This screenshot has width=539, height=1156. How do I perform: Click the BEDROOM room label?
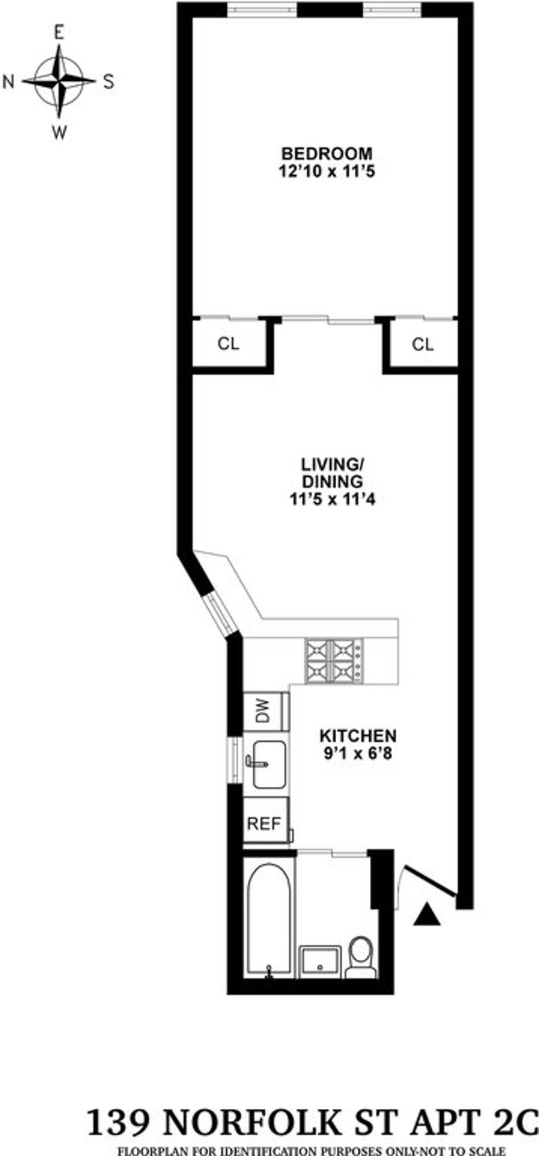pyautogui.click(x=326, y=153)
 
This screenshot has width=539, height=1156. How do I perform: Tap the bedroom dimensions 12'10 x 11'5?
pyautogui.click(x=326, y=172)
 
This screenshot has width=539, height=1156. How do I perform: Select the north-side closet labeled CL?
pyautogui.click(x=228, y=344)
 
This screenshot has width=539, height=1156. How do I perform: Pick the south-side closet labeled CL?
pyautogui.click(x=423, y=345)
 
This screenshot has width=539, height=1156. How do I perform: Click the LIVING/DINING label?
pyautogui.click(x=332, y=473)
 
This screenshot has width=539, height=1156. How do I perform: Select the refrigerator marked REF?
pyautogui.click(x=265, y=824)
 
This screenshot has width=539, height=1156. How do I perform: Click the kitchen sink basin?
pyautogui.click(x=269, y=764)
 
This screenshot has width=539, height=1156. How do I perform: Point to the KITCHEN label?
pyautogui.click(x=358, y=735)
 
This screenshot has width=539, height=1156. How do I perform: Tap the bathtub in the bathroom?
pyautogui.click(x=269, y=920)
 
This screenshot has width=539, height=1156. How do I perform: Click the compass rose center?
pyautogui.click(x=59, y=81)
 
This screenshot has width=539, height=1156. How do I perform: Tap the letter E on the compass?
pyautogui.click(x=59, y=33)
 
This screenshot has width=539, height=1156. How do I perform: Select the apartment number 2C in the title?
pyautogui.click(x=517, y=1123)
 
